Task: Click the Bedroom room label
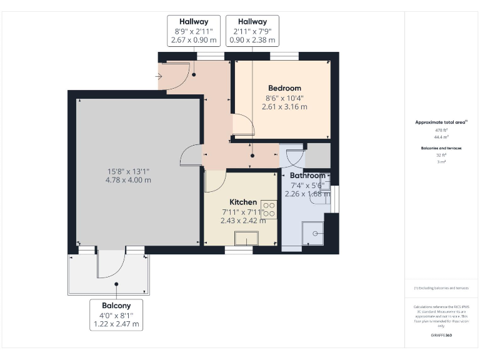pos(284,88)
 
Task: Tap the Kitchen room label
pos(243,202)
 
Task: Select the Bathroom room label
pos(307,176)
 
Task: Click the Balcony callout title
pos(116,305)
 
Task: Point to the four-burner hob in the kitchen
pos(269,208)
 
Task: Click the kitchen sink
pos(246,238)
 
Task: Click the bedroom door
pos(243,126)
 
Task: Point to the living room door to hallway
pos(190,155)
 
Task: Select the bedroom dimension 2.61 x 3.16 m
pos(284,107)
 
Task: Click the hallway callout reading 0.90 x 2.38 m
pos(252,40)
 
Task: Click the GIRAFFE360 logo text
pos(441,336)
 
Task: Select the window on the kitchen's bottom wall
pos(239,250)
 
